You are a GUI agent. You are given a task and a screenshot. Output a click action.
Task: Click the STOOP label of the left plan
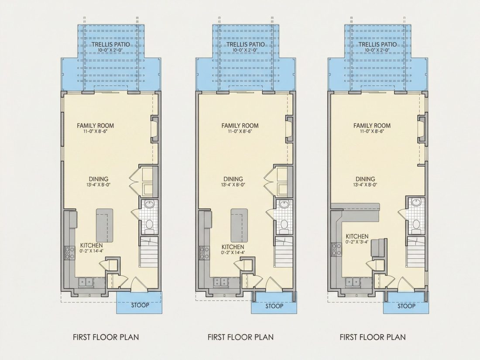140,305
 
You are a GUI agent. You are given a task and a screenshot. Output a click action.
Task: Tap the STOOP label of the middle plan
274,306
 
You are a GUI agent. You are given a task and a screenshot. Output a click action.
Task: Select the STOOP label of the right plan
407,306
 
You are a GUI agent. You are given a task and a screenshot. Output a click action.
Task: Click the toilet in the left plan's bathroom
149,224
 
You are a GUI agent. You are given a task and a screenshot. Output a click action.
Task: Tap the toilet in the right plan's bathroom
416,224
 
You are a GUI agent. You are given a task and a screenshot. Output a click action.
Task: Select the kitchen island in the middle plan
239,225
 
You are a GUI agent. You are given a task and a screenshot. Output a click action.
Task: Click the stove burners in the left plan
69,253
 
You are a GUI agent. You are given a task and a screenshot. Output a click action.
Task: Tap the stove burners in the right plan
337,249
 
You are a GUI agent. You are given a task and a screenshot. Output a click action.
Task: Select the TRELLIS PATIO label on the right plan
377,45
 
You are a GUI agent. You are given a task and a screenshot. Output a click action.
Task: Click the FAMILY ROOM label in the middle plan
240,126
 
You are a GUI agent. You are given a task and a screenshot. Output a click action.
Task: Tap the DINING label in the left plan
99,179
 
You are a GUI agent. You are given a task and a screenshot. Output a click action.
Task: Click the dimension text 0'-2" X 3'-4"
357,242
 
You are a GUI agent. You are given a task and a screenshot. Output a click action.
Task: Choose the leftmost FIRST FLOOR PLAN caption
106,337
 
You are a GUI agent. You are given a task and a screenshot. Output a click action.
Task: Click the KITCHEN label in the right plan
357,237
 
